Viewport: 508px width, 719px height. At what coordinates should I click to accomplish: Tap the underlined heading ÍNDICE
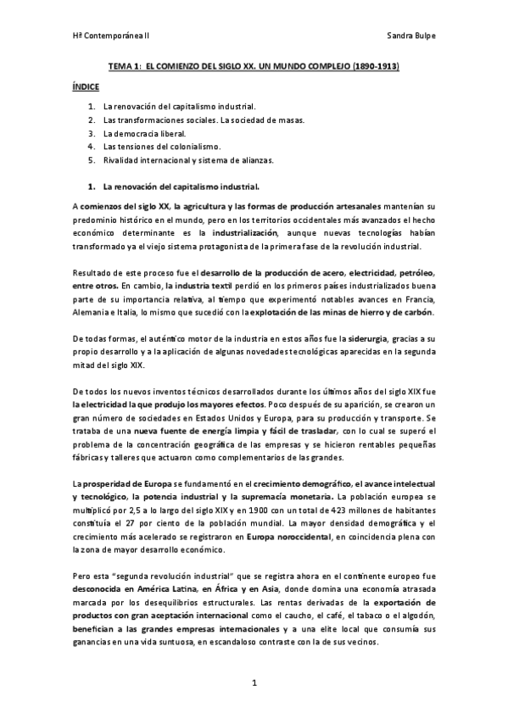click(x=85, y=86)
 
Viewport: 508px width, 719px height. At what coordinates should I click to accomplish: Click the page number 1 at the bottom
click(x=254, y=682)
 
